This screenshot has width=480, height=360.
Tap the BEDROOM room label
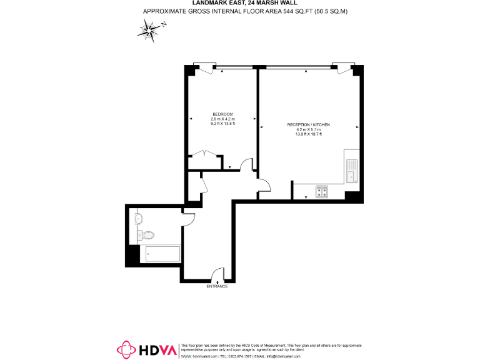(222, 114)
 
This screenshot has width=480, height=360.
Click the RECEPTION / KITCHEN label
(308, 125)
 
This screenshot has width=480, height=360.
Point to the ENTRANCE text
(217, 286)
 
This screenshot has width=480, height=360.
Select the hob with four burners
(322, 192)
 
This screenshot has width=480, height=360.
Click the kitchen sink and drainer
(351, 170)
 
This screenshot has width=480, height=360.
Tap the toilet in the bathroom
(148, 236)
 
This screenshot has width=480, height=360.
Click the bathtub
(162, 253)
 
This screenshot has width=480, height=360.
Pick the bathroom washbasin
(139, 218)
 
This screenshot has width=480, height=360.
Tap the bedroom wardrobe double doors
(206, 154)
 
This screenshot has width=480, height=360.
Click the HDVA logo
(147, 350)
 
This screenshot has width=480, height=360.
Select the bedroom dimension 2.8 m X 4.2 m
(222, 119)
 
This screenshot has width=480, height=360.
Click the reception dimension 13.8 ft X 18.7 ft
(308, 134)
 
